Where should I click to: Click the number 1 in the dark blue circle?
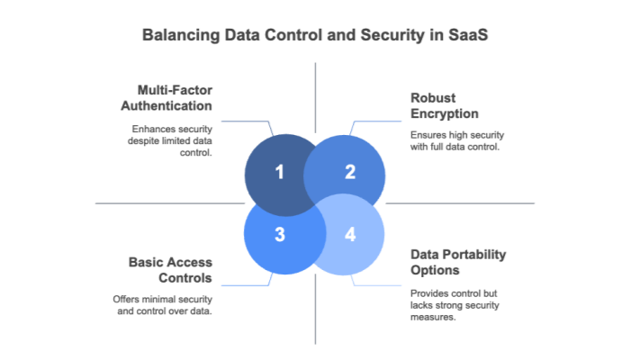[x=279, y=172]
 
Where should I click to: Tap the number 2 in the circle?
[x=350, y=172]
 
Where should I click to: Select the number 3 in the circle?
[x=279, y=235]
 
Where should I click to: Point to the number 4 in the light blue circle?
[x=350, y=235]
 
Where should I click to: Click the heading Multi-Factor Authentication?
[x=175, y=99]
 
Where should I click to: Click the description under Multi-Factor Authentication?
[x=171, y=140]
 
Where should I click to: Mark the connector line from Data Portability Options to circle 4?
[x=378, y=285]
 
